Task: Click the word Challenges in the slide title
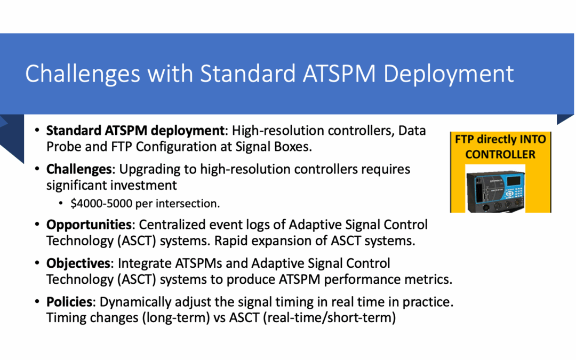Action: click(x=83, y=74)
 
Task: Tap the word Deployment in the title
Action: click(x=449, y=74)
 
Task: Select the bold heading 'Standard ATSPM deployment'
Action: click(x=135, y=131)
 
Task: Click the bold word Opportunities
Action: click(x=89, y=225)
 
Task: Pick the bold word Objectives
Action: click(x=78, y=263)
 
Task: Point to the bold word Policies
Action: click(x=69, y=302)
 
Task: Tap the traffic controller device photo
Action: click(x=495, y=188)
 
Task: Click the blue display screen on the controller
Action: click(x=514, y=181)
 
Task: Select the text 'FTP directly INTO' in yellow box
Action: click(x=500, y=139)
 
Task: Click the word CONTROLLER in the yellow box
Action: click(x=500, y=154)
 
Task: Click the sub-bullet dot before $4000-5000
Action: click(x=61, y=203)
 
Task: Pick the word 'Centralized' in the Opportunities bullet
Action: click(x=171, y=225)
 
